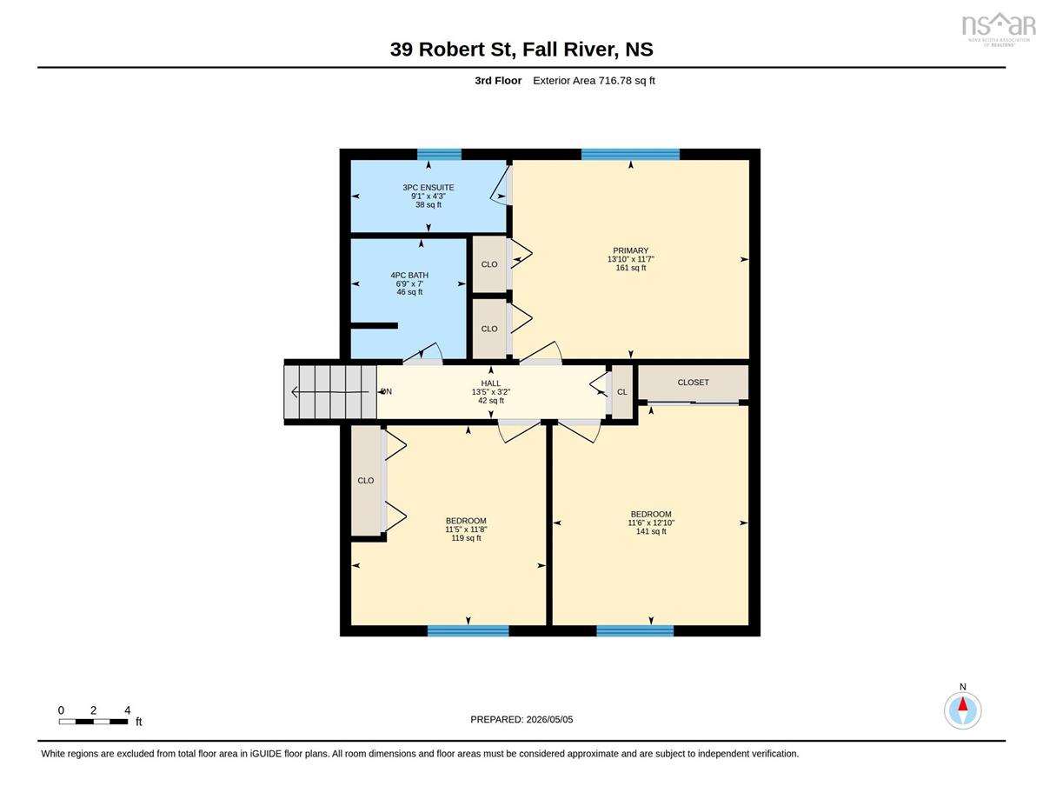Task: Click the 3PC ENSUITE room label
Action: (428, 187)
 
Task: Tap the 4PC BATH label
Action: (409, 275)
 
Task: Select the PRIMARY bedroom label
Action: (630, 250)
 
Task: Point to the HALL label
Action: (490, 383)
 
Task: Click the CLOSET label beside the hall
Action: (693, 382)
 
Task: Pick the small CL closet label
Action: (622, 392)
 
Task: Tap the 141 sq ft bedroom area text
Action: (651, 531)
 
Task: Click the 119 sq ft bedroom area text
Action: (466, 538)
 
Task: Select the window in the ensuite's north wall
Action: (439, 154)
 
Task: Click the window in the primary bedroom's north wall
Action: (630, 154)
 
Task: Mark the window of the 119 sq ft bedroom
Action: (468, 630)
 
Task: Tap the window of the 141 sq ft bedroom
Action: (635, 630)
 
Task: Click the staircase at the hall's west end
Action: (330, 392)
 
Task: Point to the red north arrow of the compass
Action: (962, 703)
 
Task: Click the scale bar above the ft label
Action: (93, 722)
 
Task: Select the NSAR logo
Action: (999, 30)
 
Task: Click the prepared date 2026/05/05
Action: (549, 720)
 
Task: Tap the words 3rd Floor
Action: (498, 81)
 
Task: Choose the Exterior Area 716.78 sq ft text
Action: (594, 81)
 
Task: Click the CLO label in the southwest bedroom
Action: (365, 481)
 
